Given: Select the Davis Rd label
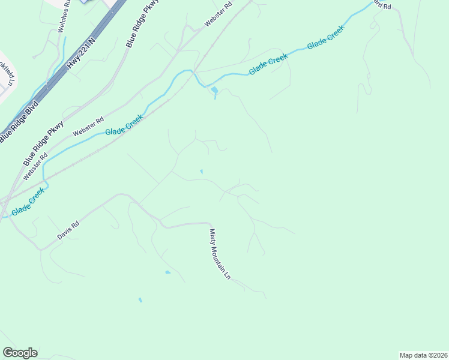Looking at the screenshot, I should pos(68,231).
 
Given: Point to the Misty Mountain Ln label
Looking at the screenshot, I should pos(220,254).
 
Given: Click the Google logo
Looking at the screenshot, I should pos(20,353).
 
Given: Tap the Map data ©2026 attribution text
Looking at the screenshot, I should pos(423,355).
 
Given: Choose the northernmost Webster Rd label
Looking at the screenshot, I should pos(218,13).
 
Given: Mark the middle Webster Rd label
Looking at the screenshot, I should pos(88,125).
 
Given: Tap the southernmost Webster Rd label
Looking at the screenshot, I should pos(35,166).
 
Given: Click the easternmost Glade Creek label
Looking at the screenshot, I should pos(326,38).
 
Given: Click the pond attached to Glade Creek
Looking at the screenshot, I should pos(214,91).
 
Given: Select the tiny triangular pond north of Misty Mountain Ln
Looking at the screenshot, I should pos(201,172).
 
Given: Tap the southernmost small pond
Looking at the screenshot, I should pos(140,299).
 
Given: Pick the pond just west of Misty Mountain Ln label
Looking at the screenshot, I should pos(167,272).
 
